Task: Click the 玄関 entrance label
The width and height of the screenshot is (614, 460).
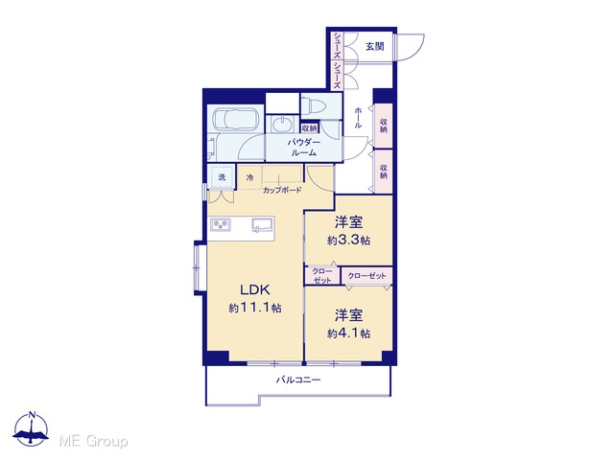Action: click(374, 47)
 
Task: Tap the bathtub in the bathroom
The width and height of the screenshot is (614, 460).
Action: click(235, 119)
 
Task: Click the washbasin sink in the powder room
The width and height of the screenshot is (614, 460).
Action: click(282, 125)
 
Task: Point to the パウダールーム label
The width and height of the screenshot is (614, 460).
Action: click(304, 148)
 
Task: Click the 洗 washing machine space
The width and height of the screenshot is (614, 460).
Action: click(222, 177)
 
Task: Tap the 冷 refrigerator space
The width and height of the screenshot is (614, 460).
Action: click(249, 177)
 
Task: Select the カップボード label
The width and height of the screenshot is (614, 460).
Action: click(282, 191)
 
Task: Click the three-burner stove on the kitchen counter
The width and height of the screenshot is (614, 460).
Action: click(221, 225)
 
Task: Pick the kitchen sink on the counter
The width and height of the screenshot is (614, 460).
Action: click(263, 226)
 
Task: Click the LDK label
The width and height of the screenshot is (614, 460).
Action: click(255, 289)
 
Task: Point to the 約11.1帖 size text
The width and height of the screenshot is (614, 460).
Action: click(255, 309)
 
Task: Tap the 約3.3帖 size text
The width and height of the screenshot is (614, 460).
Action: click(349, 241)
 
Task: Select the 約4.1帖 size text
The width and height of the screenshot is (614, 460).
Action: click(349, 333)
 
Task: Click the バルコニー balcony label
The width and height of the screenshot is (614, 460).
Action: click(298, 379)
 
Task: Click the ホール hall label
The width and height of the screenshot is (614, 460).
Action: click(358, 118)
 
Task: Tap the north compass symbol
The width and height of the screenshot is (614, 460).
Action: click(32, 428)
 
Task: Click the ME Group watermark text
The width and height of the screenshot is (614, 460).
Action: click(94, 442)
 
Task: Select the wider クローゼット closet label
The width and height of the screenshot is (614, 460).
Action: click(366, 276)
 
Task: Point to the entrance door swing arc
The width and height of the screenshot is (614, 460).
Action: click(415, 49)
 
